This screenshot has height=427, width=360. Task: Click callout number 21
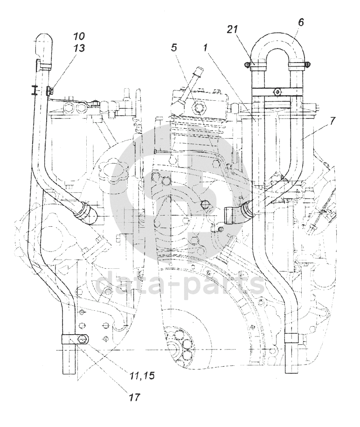pyautogui.click(x=233, y=29)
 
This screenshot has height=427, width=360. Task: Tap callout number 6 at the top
pyautogui.click(x=301, y=22)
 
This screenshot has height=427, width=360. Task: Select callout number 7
pyautogui.click(x=332, y=121)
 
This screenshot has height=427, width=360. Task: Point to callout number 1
pyautogui.click(x=206, y=48)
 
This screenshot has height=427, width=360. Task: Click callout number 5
pyautogui.click(x=174, y=48)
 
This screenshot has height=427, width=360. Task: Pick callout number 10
pyautogui.click(x=79, y=36)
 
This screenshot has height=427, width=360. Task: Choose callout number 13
pyautogui.click(x=79, y=48)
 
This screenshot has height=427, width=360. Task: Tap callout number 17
pyautogui.click(x=134, y=397)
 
